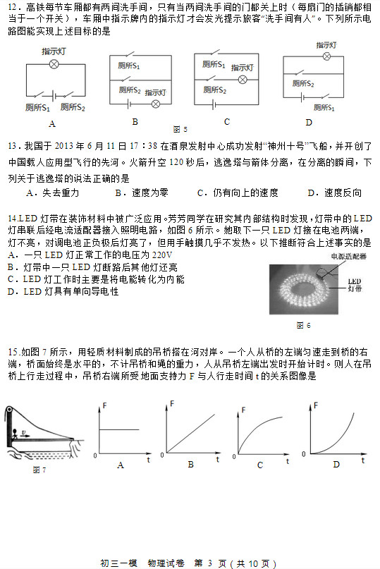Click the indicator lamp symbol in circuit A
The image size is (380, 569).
[x=53, y=64]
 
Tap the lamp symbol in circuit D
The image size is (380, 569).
[x=326, y=56]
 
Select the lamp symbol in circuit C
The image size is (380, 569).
[x=242, y=79]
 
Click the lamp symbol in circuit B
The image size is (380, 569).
[x=157, y=104]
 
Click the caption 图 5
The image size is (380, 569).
[x=180, y=129]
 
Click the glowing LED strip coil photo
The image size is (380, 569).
[x=304, y=289]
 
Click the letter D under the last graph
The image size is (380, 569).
[x=336, y=463]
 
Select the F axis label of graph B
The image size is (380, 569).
[x=173, y=403]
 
